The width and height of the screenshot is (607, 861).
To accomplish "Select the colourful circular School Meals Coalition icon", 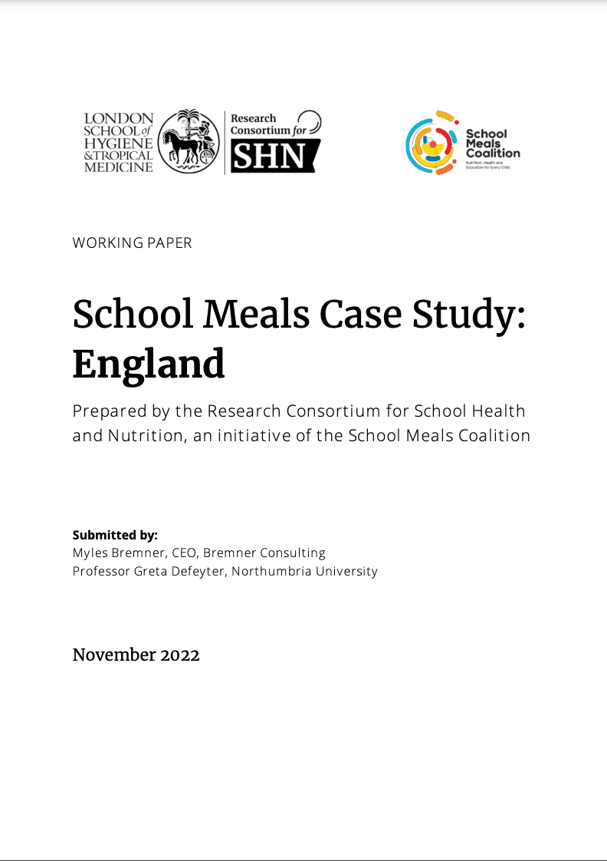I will [431, 143].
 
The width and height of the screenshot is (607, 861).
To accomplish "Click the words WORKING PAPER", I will [132, 242].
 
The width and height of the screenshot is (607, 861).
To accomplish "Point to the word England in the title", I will [149, 365].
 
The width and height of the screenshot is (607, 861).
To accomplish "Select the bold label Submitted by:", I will [115, 535].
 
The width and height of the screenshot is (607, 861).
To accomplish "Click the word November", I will [114, 655].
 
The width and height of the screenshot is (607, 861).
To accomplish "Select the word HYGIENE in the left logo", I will [119, 143].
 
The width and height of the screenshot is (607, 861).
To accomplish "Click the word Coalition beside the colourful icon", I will [493, 153].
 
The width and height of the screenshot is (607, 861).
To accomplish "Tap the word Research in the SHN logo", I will [254, 118].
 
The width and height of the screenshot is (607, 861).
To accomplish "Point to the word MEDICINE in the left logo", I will [119, 167].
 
